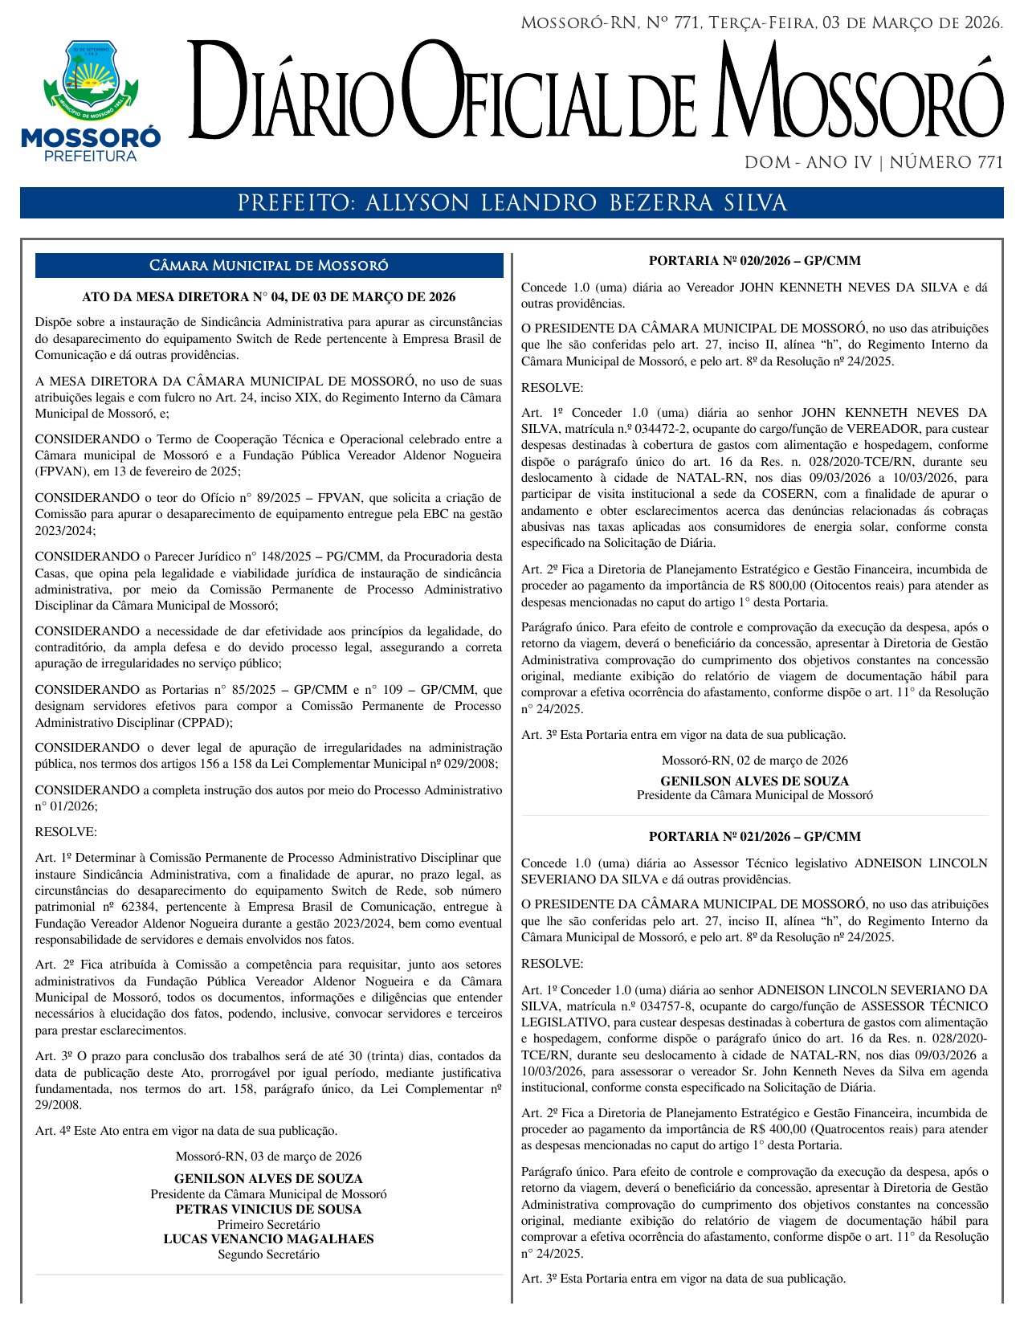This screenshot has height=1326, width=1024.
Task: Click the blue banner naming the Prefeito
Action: click(512, 203)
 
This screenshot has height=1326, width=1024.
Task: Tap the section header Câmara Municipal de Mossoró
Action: click(269, 266)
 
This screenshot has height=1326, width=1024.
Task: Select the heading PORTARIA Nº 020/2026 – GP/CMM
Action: click(754, 260)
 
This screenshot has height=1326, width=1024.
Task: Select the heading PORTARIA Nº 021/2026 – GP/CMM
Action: click(754, 836)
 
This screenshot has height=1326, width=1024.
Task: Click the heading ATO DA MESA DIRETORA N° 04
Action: click(268, 297)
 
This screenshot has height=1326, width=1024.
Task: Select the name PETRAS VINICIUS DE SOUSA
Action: click(268, 1210)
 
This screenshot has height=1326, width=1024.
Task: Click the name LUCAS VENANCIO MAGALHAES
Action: click(268, 1239)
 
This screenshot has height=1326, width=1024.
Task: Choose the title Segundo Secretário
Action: click(268, 1255)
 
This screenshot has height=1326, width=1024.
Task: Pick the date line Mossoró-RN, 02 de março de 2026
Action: click(754, 761)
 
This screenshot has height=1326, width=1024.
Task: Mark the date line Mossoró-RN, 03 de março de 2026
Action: click(268, 1157)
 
